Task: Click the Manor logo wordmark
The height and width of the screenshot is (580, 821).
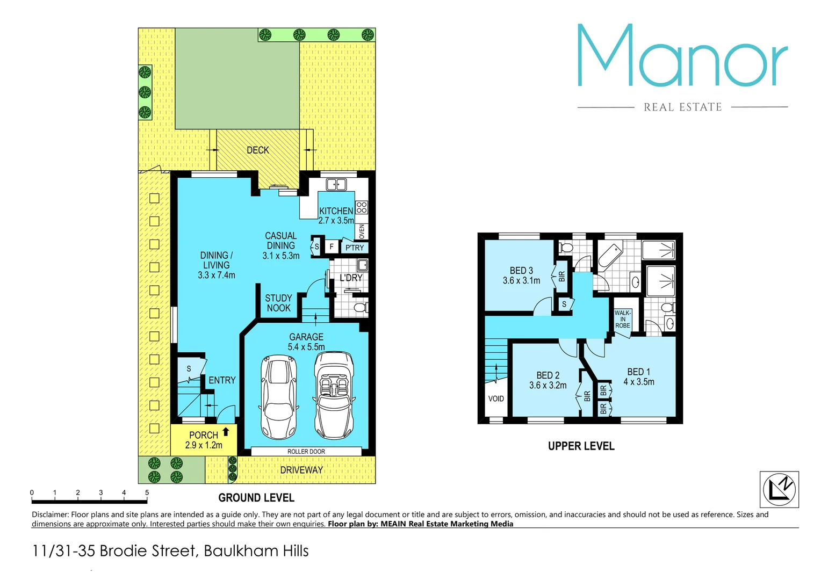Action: tap(682, 56)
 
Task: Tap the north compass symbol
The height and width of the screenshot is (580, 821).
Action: tap(779, 489)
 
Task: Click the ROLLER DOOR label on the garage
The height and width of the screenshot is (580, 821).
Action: tap(306, 452)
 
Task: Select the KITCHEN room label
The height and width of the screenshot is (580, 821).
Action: tap(336, 211)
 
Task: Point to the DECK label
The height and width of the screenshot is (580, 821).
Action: tap(258, 150)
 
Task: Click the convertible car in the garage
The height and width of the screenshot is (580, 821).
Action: tap(334, 395)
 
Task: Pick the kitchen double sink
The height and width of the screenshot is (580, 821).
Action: tap(336, 185)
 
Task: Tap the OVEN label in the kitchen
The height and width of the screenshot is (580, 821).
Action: tap(362, 231)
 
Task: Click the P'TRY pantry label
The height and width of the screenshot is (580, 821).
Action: tap(355, 248)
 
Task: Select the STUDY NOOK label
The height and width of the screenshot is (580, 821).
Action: tap(278, 303)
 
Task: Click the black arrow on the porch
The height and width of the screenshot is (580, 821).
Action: tap(226, 431)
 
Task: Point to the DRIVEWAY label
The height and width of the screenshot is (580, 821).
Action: tap(301, 470)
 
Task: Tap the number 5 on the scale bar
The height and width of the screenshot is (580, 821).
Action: tap(147, 492)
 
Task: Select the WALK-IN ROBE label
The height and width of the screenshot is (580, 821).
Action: tap(623, 319)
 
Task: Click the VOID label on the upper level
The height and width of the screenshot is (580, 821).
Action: tap(496, 398)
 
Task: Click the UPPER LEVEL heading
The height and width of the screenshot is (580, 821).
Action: tap(581, 446)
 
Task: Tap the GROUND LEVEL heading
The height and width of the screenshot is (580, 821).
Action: tap(256, 498)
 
